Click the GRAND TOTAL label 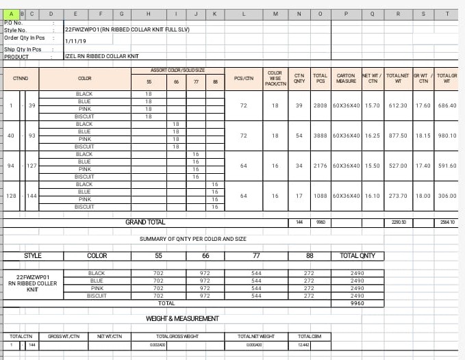144,222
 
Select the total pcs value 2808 320,105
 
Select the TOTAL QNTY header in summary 357,256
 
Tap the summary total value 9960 357,303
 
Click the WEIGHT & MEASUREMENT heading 182,319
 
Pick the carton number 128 11,196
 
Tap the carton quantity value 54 299,136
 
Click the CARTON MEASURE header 346,79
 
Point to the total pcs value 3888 320,136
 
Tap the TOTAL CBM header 305,336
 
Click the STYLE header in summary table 33,256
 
